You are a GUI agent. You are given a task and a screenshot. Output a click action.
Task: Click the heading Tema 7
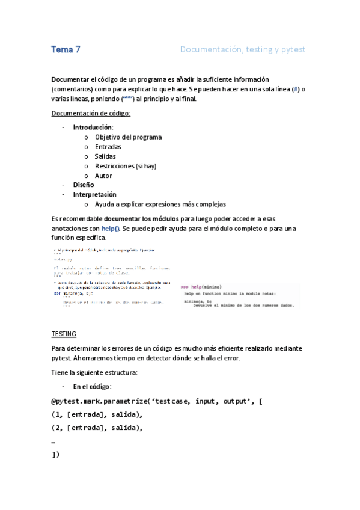pos(66,50)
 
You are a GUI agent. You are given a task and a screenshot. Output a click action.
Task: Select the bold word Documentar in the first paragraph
pos(70,79)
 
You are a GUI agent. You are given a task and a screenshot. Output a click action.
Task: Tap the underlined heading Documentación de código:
pos(91,113)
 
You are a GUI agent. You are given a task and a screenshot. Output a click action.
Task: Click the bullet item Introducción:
pos(93,127)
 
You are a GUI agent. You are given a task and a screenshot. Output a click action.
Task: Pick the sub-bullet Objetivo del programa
pos(128,137)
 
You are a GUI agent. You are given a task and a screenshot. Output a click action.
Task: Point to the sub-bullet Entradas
pos(108,147)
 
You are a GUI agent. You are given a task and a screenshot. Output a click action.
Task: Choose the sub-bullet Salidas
pos(105,156)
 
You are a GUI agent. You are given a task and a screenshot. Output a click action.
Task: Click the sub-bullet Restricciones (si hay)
pos(126,166)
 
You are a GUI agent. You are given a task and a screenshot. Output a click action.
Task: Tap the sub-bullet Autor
pos(103,176)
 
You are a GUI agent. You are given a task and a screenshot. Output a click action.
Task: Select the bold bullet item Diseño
pos(83,185)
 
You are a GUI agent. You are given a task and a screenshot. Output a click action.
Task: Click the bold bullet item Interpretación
pos(94,195)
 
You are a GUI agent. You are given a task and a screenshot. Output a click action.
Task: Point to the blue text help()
pos(111,229)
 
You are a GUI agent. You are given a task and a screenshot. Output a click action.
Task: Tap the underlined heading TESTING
pos(64,334)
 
